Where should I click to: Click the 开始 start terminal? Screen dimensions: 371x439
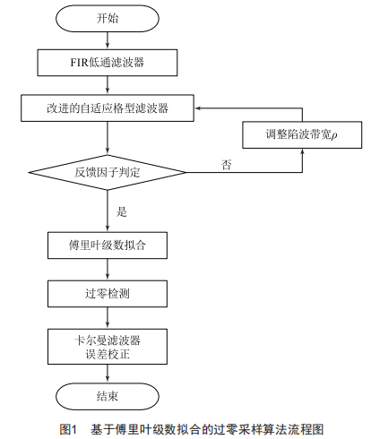tap(108, 18)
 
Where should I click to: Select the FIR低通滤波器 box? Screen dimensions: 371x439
tap(108, 63)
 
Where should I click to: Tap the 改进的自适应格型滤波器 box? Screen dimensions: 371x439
tap(108, 108)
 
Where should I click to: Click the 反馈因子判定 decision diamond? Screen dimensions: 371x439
tap(108, 172)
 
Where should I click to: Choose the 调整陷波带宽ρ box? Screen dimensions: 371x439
tap(302, 134)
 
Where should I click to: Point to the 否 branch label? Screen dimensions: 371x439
tap(226, 165)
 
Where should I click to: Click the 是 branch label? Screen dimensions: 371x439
tap(122, 211)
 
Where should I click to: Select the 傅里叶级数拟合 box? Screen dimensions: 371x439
tap(108, 245)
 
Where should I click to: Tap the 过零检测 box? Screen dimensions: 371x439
tap(108, 294)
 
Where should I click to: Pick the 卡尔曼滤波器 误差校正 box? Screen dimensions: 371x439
tap(108, 347)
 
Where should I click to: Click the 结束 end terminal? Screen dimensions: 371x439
tap(108, 396)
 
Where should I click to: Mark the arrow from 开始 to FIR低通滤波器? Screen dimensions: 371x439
tap(108, 40)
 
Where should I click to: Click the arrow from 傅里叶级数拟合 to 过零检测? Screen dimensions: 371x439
tap(108, 270)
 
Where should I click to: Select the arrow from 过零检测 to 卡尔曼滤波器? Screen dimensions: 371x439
tap(108, 318)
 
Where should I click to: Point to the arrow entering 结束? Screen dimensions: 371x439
tap(108, 374)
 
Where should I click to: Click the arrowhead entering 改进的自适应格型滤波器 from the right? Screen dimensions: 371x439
tap(197, 108)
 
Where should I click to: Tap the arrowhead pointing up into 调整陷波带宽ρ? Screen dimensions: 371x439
tap(302, 151)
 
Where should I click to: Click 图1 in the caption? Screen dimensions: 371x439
tap(68, 429)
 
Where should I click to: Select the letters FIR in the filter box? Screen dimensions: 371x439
tap(79, 63)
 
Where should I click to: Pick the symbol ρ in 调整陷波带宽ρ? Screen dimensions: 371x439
tap(334, 135)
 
